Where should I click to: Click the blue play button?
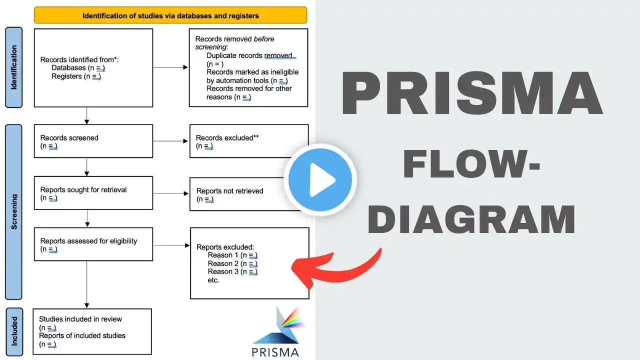pyautogui.click(x=320, y=180)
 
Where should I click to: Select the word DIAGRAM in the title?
pyautogui.click(x=471, y=219)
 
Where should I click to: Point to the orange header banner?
pyautogui.click(x=170, y=15)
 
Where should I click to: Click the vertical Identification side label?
pyautogui.click(x=13, y=67)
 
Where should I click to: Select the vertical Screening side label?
pyautogui.click(x=13, y=212)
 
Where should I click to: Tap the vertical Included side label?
pyautogui.click(x=14, y=330)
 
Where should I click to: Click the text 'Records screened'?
pyautogui.click(x=69, y=137)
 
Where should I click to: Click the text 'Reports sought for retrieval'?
pyautogui.click(x=83, y=189)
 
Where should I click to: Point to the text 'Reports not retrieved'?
pyautogui.click(x=229, y=190)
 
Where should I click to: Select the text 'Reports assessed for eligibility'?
pyautogui.click(x=88, y=241)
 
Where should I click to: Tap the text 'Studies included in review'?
pyautogui.click(x=80, y=319)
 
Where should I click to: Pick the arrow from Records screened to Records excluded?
pyautogui.click(x=170, y=141)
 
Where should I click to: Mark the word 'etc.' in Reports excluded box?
pyautogui.click(x=213, y=280)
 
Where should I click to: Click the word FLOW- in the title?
pyautogui.click(x=471, y=165)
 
